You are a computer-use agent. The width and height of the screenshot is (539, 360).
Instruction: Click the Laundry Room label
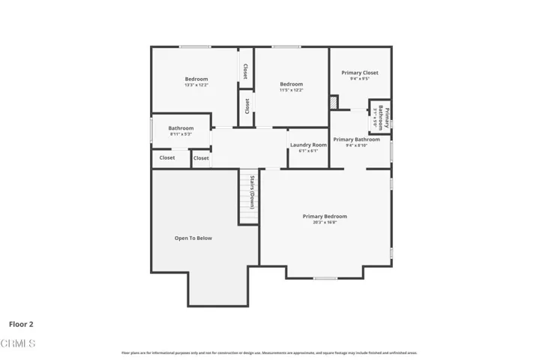coord(309,144)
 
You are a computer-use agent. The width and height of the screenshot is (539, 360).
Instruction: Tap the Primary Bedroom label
coord(325,216)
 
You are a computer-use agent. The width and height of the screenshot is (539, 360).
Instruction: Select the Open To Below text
coord(193,238)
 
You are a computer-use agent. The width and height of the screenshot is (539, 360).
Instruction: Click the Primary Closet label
coord(360,73)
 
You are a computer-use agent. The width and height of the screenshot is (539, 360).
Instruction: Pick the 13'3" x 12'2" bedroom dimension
coord(196,85)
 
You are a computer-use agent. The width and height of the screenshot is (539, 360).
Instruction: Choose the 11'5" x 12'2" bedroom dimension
coord(292,90)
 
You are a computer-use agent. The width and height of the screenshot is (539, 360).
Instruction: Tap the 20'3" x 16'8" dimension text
coord(325,222)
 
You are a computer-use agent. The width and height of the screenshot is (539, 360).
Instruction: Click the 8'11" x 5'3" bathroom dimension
coord(181,134)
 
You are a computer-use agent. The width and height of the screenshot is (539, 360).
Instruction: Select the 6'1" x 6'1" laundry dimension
coord(308,151)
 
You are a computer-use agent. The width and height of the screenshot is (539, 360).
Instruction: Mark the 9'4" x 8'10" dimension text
coord(356,145)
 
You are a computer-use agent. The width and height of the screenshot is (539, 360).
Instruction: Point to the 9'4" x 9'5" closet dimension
coord(360,78)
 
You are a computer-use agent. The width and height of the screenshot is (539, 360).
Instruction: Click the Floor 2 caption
coord(21,325)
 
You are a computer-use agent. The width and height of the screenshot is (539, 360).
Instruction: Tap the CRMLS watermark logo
coord(18,343)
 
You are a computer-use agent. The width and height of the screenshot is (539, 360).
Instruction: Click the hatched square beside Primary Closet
coord(334,101)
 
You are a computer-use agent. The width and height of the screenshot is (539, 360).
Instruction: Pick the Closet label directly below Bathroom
coord(167,158)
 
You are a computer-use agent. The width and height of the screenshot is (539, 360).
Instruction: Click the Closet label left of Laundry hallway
coord(201,158)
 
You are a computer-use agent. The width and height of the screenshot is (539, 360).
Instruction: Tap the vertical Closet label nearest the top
coord(245,70)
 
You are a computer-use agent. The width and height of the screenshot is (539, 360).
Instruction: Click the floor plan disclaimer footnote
coord(269,352)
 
